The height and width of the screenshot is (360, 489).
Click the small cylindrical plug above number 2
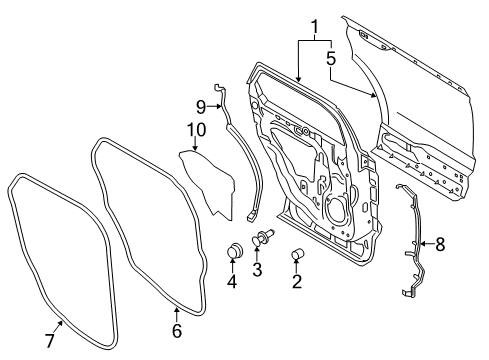(297, 257)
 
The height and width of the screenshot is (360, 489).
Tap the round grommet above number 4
(235, 250)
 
